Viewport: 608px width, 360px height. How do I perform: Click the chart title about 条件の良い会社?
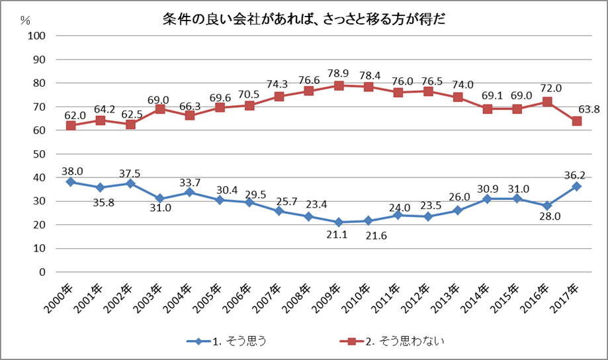tap(304, 19)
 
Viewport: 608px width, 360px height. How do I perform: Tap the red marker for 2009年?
tap(339, 85)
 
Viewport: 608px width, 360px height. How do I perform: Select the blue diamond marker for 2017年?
tap(577, 187)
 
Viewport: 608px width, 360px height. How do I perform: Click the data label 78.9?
tap(338, 71)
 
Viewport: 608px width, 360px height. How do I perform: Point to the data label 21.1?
tap(338, 237)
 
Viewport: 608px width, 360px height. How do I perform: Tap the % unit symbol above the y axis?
tap(25, 19)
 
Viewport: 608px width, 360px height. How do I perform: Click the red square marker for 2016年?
tap(547, 102)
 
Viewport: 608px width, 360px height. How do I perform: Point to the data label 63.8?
tap(587, 107)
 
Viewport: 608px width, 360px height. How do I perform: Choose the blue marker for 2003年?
tap(159, 199)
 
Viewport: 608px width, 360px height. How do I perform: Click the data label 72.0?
tap(548, 88)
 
